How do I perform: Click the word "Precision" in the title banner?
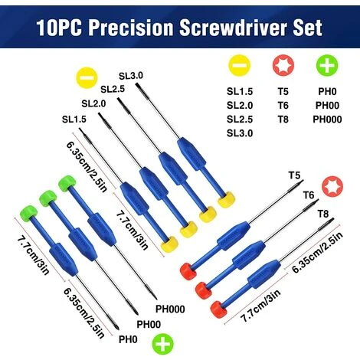coord(131,27)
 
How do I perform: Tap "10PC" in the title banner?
coord(59,27)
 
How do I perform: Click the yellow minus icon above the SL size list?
coord(239,65)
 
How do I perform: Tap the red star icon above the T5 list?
coord(283,65)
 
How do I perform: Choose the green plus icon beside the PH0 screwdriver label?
coord(162,344)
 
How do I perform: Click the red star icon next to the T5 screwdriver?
coord(332,187)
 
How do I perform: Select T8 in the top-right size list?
coord(283,119)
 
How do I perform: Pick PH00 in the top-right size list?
coord(327,105)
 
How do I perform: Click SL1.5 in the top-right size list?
coord(240,91)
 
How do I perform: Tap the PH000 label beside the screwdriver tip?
coord(170,309)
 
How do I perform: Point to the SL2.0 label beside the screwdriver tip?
coord(93,103)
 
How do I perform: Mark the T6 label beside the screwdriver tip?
coord(309,195)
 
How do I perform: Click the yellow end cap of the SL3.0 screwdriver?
coord(226,200)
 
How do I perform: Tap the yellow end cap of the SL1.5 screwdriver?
coord(169,244)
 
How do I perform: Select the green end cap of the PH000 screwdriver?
coord(67,184)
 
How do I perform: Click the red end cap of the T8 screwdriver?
coord(218,309)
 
